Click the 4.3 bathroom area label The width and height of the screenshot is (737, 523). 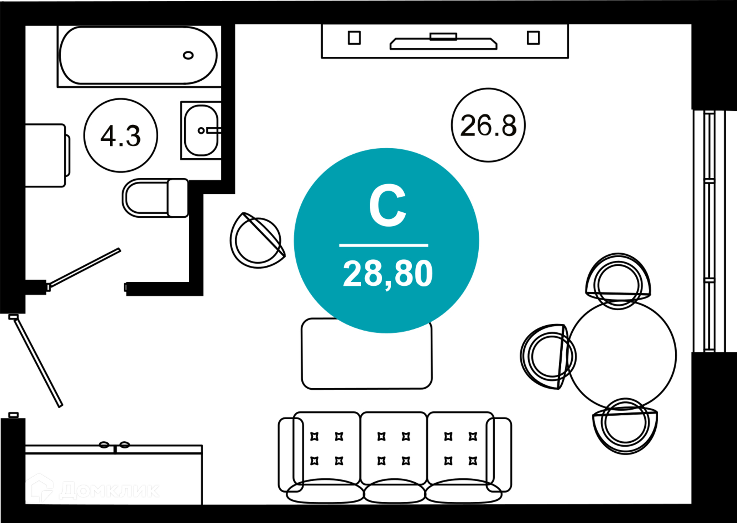click(x=121, y=136)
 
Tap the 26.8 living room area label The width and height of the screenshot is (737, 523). click(x=488, y=126)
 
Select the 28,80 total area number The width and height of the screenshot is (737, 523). click(x=388, y=274)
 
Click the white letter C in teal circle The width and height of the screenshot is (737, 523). click(x=387, y=205)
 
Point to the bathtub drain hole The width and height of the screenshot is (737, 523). click(x=188, y=55)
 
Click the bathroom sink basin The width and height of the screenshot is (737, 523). click(x=201, y=131)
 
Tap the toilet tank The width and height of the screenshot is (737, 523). click(x=178, y=198)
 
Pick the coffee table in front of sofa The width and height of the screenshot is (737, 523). click(x=367, y=354)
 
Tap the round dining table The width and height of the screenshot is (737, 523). click(x=622, y=356)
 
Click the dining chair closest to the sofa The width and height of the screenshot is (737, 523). click(x=625, y=426)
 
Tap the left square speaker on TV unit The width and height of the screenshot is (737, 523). click(x=354, y=38)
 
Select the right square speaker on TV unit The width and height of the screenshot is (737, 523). click(x=533, y=38)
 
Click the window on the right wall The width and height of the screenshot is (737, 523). click(x=709, y=231)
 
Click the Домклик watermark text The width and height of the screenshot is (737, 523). click(x=109, y=490)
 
